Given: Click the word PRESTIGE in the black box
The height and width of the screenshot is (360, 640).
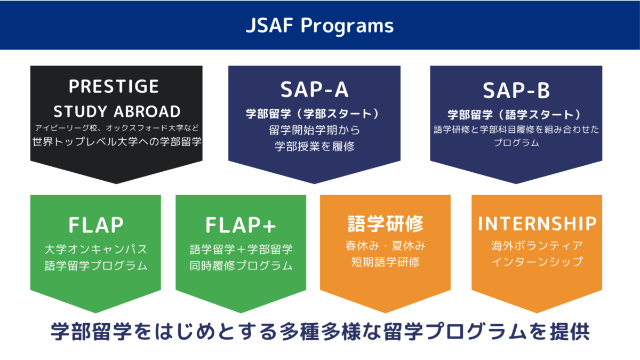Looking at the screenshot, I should click(x=114, y=86).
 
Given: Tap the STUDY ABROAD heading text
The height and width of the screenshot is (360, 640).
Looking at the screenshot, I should click(x=117, y=111).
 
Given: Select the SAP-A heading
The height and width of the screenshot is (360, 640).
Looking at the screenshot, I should click(x=314, y=90).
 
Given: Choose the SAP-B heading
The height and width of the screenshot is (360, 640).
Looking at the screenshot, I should click(x=516, y=91).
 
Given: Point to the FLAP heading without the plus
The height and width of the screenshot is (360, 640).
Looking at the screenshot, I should click(x=96, y=225).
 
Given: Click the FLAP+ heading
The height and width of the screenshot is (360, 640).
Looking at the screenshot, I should click(x=241, y=225).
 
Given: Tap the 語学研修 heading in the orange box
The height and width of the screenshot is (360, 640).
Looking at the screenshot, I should click(x=385, y=224).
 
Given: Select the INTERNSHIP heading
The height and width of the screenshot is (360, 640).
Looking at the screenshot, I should click(x=537, y=224).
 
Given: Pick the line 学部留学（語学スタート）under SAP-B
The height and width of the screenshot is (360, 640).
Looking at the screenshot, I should click(x=516, y=114).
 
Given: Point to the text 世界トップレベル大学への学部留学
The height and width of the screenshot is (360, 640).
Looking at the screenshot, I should click(x=117, y=142).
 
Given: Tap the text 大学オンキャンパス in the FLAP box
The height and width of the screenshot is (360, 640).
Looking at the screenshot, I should click(x=96, y=249).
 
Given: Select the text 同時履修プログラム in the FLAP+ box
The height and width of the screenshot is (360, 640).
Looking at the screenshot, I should click(x=241, y=265).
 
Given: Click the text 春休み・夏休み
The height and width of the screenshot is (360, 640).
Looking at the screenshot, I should click(x=385, y=246).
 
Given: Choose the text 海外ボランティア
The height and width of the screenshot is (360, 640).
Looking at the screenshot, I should click(x=537, y=246).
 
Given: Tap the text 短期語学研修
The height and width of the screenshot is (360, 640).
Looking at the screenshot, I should click(x=385, y=262).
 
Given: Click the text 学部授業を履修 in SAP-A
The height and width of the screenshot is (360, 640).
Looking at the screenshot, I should click(x=314, y=146).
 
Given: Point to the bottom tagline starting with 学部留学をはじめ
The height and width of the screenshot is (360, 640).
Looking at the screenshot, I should click(x=320, y=331).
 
